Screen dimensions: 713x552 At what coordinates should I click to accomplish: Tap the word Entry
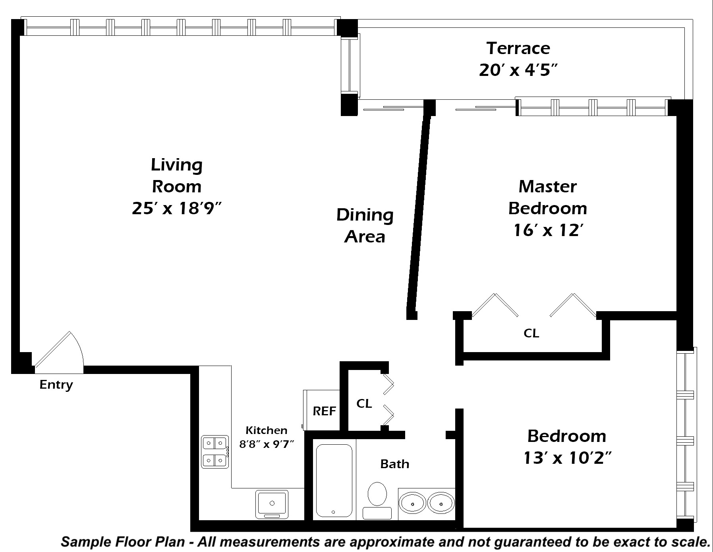[56, 385]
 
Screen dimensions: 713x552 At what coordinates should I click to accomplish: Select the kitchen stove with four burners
[215, 452]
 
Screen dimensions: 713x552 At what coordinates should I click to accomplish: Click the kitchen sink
[272, 504]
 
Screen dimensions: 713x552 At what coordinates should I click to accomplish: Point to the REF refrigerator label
[325, 411]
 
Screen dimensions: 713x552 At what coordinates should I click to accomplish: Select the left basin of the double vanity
[413, 504]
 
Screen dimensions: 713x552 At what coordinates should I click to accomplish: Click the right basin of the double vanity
[441, 504]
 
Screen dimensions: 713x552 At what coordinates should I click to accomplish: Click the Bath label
[394, 464]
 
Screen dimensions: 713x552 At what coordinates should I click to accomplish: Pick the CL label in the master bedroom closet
[531, 333]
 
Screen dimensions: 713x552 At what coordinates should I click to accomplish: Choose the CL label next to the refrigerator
[364, 403]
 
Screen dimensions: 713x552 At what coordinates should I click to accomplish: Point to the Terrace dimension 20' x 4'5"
[518, 70]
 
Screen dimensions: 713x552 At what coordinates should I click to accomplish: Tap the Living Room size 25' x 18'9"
[176, 208]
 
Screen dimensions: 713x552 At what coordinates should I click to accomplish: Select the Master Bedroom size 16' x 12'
[548, 230]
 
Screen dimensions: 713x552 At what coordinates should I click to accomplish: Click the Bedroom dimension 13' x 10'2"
[567, 458]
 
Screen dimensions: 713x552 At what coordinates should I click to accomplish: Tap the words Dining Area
[365, 226]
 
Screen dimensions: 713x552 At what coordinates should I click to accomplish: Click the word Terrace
[518, 48]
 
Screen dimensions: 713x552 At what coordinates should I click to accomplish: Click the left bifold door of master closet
[495, 305]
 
